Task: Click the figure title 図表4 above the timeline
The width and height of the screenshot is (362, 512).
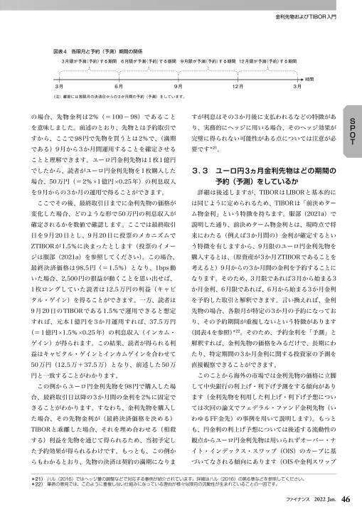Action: [60, 51]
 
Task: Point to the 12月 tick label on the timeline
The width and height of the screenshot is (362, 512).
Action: [238, 85]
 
